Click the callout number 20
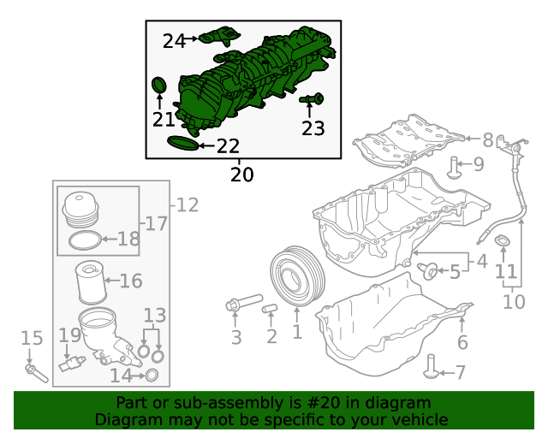(242, 175)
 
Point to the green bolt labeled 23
(314, 99)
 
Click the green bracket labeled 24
(217, 35)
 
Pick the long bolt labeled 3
(243, 303)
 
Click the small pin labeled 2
(271, 308)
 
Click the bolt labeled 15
(32, 370)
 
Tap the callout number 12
(187, 204)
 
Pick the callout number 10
(513, 301)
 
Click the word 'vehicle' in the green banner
(420, 420)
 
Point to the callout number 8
(487, 139)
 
